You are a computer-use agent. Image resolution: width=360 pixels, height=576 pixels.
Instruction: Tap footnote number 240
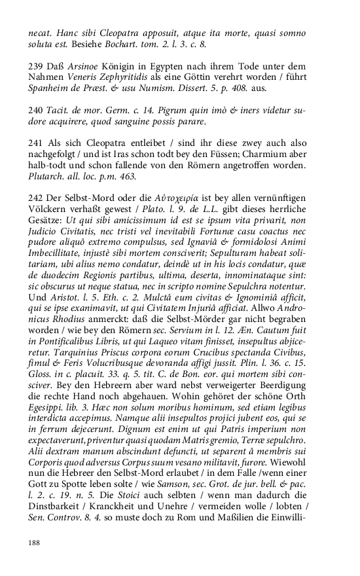pos(35,110)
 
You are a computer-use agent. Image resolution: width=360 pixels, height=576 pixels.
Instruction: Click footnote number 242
pos(35,198)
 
